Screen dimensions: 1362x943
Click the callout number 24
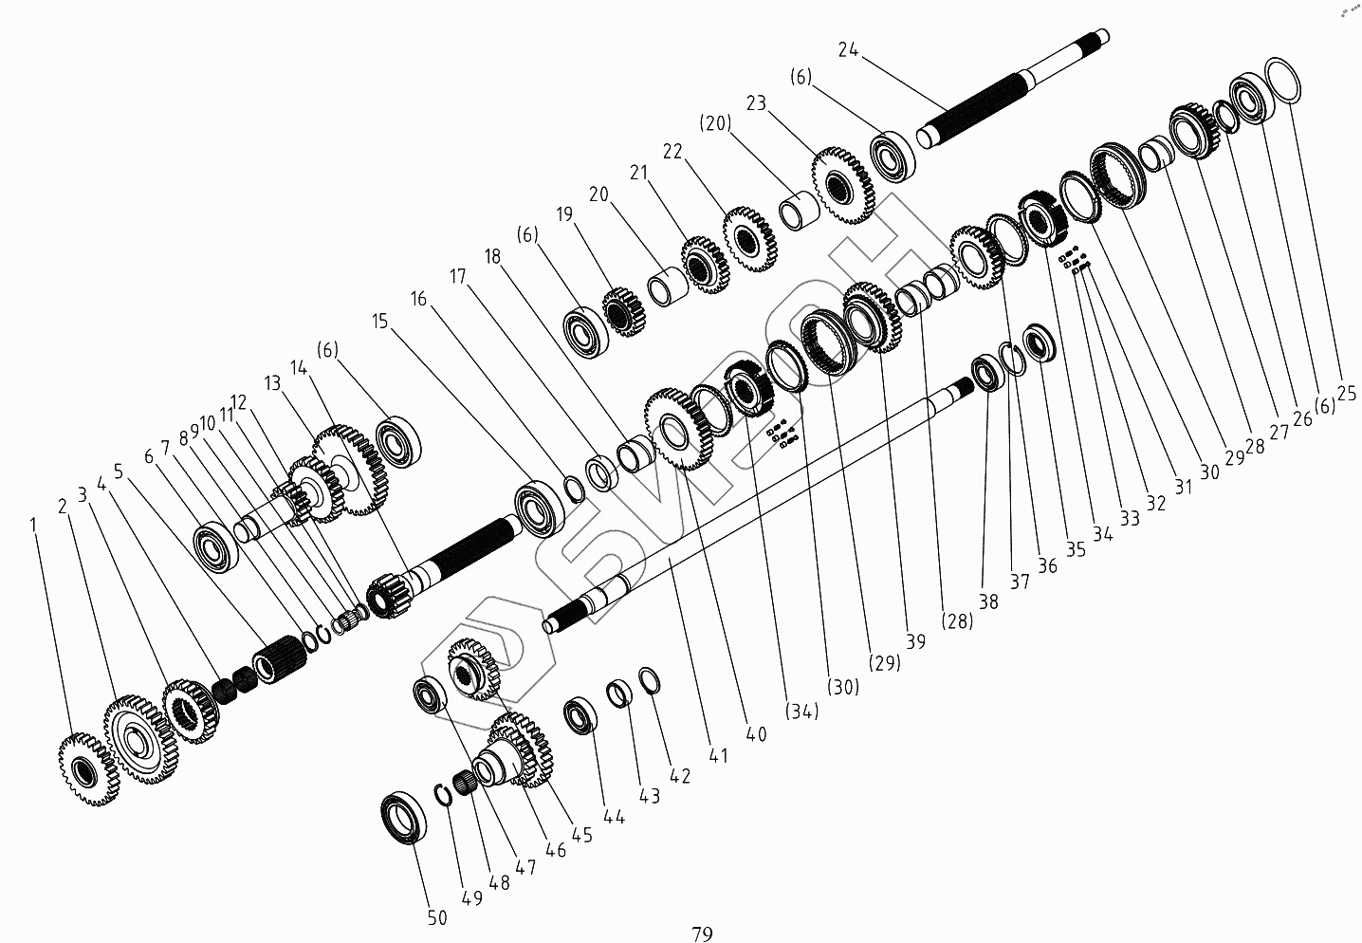pyautogui.click(x=848, y=50)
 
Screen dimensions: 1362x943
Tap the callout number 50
pyautogui.click(x=436, y=918)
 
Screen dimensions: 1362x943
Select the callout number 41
pyautogui.click(x=718, y=755)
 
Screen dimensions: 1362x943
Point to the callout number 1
pyautogui.click(x=34, y=524)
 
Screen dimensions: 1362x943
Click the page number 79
pyautogui.click(x=702, y=934)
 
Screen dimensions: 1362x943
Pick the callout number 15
pyautogui.click(x=380, y=322)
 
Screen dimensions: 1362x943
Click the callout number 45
pyautogui.click(x=581, y=835)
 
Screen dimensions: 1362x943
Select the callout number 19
pyautogui.click(x=566, y=214)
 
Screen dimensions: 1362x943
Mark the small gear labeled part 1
pyautogui.click(x=88, y=768)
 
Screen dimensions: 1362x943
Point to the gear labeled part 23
pyautogui.click(x=843, y=184)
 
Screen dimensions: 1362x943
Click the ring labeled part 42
pyautogui.click(x=649, y=679)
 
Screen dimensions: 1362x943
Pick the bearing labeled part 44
pyautogui.click(x=580, y=715)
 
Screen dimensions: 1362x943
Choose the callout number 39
pyautogui.click(x=915, y=642)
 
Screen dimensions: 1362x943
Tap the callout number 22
pyautogui.click(x=672, y=152)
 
